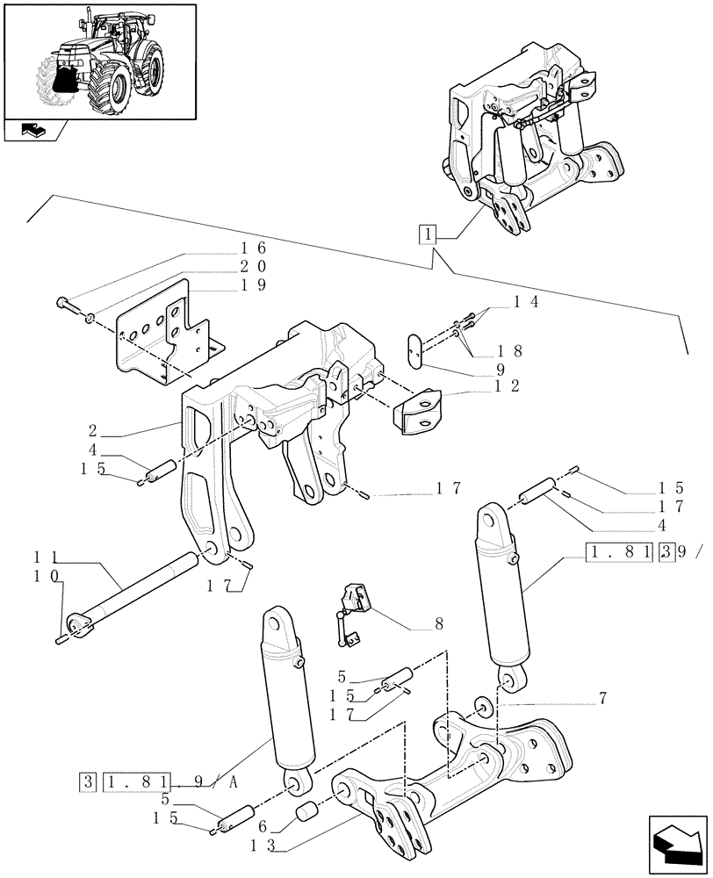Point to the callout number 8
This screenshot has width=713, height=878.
tap(438, 625)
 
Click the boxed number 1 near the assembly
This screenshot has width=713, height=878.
tap(427, 234)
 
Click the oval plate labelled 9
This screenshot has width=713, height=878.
tap(417, 349)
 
